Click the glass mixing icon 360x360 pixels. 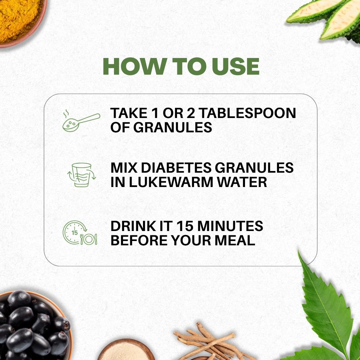(81, 175)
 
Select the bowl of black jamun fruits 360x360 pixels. (32, 325)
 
